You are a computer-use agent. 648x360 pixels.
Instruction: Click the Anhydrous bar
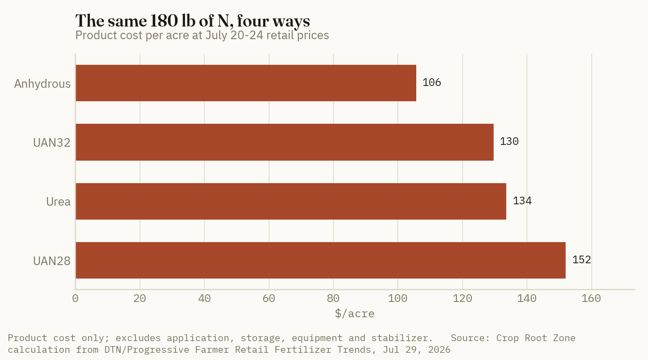click(246, 83)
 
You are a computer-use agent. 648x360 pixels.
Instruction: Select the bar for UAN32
click(285, 142)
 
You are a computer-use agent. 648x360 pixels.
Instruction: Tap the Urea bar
click(291, 202)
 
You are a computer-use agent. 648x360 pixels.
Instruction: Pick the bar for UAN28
click(320, 261)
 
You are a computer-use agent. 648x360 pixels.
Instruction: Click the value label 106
click(432, 83)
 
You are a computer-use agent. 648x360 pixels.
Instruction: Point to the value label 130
click(509, 142)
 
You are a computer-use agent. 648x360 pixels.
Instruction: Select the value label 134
click(522, 201)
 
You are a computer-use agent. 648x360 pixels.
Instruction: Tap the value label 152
click(581, 260)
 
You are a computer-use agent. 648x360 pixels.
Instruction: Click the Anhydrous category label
click(42, 84)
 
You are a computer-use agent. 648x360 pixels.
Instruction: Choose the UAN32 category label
click(52, 143)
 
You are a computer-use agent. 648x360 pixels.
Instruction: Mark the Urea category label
click(58, 202)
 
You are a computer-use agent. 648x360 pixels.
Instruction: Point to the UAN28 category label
click(52, 261)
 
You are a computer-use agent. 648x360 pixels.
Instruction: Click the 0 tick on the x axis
click(75, 298)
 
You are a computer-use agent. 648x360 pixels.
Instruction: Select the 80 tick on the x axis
click(333, 298)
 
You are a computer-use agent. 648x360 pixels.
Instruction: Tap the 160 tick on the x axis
click(591, 298)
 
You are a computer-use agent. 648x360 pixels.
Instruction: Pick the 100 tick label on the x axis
click(398, 298)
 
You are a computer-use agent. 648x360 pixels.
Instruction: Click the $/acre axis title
click(355, 314)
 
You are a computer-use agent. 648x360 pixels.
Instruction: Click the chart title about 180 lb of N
click(193, 21)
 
